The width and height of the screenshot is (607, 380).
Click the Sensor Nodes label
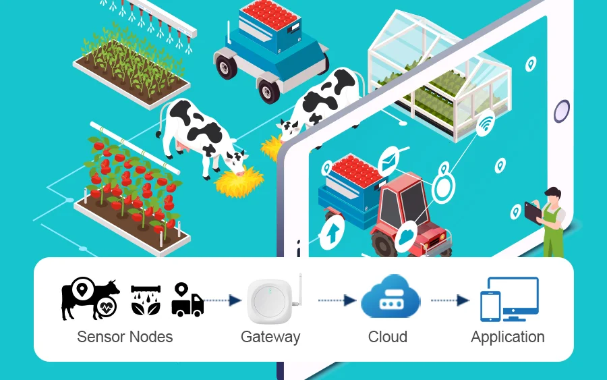pos(125,337)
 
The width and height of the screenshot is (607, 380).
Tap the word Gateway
pos(270,337)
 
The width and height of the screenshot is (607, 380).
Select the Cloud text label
pos(388,337)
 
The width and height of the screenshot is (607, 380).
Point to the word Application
pos(508,337)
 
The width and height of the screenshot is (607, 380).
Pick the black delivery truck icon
pos(187,300)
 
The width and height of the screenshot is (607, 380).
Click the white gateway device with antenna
pos(273,300)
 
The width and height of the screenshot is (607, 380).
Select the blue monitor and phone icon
pos(509,299)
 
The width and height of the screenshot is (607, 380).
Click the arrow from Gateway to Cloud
pos(337,300)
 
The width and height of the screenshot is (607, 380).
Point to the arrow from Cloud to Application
pos(450,300)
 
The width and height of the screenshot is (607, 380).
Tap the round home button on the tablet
pos(561,111)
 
